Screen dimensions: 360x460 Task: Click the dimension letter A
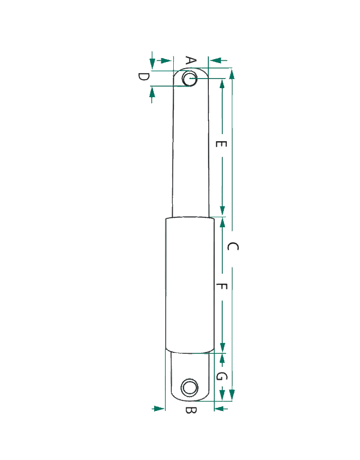pos(191,61)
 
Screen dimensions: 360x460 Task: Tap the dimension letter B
pos(191,410)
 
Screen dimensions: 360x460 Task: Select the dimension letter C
pos(233,246)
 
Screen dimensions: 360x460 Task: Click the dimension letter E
pos(221,144)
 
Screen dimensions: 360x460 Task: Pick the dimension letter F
pos(222,286)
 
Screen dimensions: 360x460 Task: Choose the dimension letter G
pos(221,376)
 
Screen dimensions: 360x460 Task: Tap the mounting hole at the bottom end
pos(190,387)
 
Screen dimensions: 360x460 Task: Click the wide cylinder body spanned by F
pos(190,285)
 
